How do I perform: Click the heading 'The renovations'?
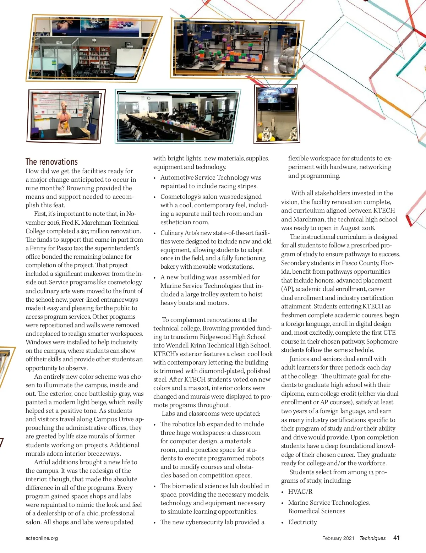click(51, 162)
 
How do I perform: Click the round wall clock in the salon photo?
click(148, 98)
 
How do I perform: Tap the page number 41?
click(397, 538)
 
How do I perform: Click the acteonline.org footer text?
click(42, 538)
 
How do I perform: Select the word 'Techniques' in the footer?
click(372, 538)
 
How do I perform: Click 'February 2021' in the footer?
click(338, 538)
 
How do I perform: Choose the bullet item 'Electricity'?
click(302, 522)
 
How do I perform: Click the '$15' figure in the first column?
click(85, 231)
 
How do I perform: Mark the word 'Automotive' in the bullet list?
click(176, 177)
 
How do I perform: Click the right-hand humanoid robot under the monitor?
click(292, 134)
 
